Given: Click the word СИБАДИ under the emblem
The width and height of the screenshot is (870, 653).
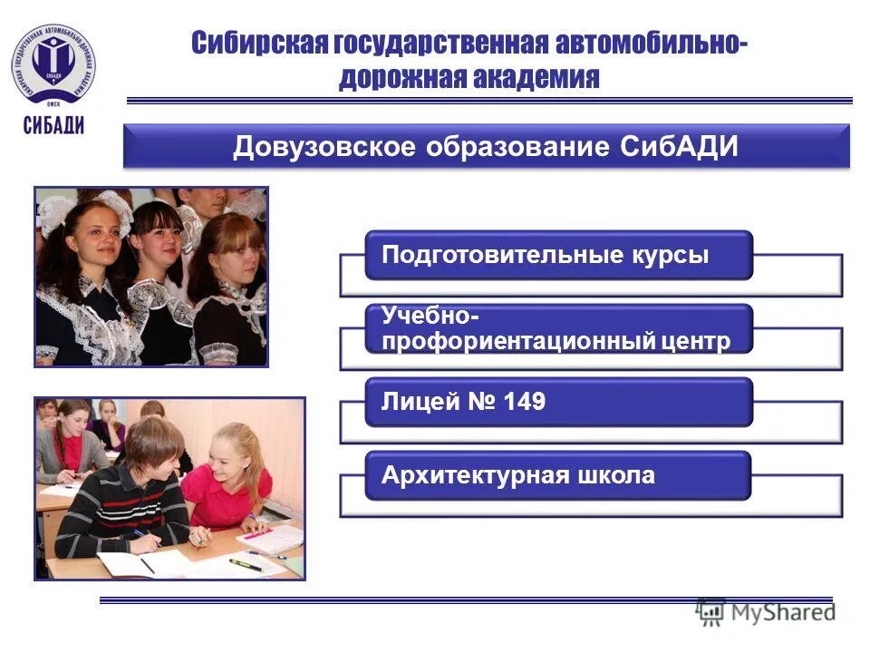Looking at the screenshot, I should tap(54, 125).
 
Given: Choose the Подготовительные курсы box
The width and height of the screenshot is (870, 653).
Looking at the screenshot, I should tap(558, 255).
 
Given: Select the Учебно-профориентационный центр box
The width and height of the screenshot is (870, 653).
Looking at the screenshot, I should tap(558, 328).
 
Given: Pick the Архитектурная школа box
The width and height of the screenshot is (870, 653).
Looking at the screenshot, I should tap(558, 475).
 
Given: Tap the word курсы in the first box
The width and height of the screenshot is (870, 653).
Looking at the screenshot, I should tap(666, 255).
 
